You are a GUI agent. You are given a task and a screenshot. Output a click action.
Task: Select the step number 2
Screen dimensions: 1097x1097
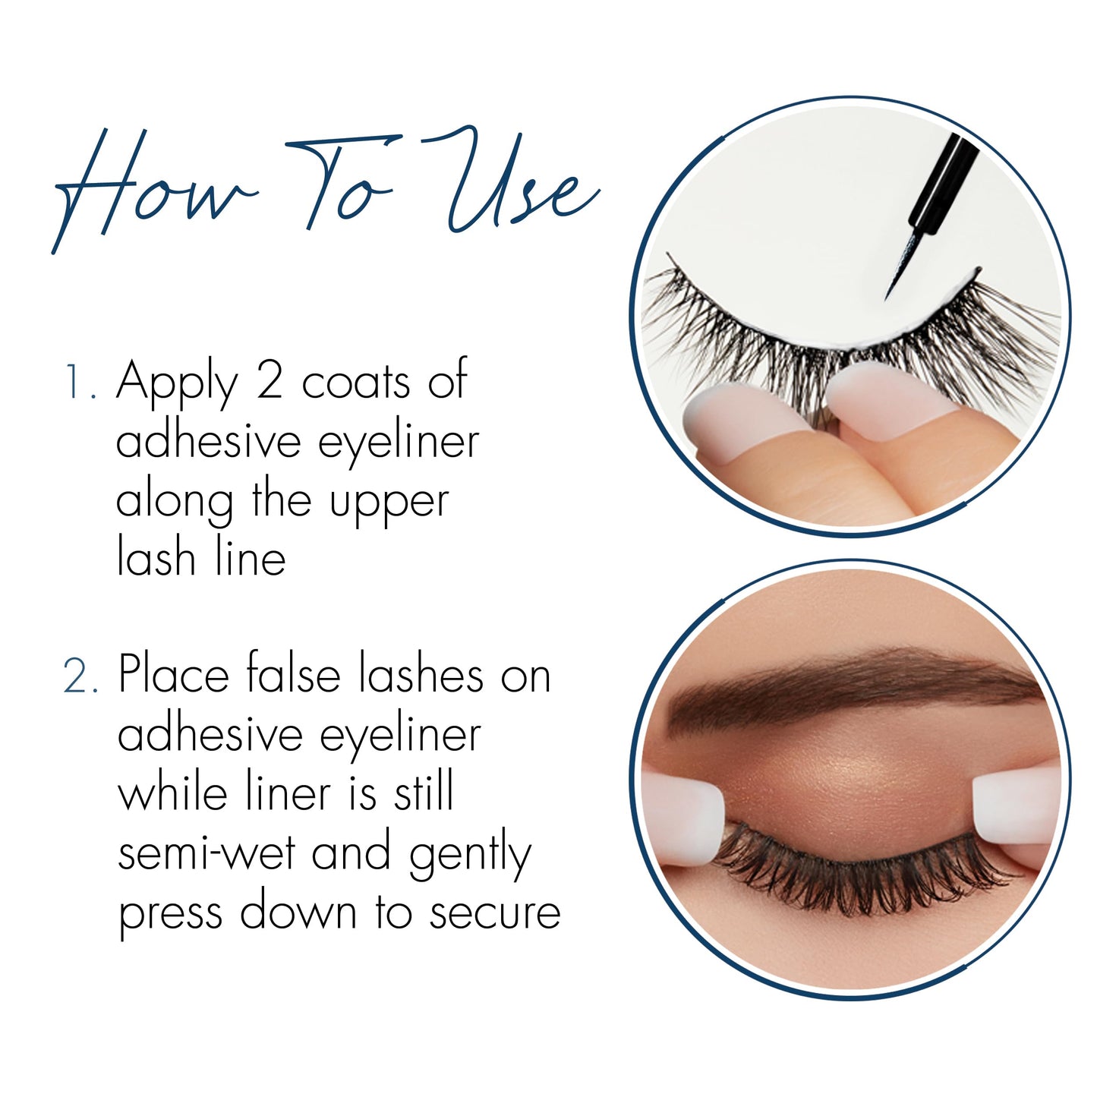click(80, 676)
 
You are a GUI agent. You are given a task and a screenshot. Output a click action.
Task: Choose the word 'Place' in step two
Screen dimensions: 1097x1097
click(174, 674)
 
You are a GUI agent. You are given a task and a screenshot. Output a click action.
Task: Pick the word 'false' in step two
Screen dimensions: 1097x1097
click(293, 674)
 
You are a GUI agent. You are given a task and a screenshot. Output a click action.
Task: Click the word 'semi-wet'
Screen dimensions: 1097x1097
click(206, 853)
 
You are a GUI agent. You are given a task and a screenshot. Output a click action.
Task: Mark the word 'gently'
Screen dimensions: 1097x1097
click(470, 856)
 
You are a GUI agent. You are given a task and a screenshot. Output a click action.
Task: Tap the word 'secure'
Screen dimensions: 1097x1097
click(495, 913)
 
